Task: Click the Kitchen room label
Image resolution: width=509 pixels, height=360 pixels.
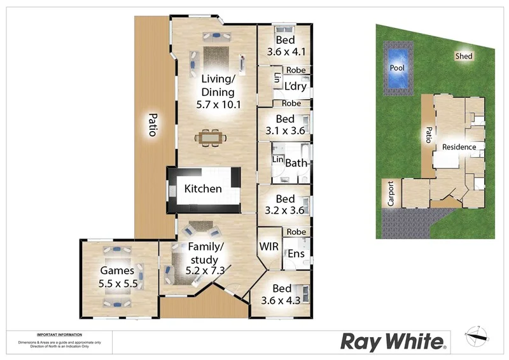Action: tap(203, 189)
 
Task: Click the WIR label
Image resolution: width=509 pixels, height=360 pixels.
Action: tap(267, 246)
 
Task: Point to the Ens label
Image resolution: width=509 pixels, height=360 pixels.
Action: tap(296, 254)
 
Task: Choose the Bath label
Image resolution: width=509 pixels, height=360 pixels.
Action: tap(296, 163)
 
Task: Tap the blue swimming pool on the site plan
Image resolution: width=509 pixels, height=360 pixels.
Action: tap(398, 67)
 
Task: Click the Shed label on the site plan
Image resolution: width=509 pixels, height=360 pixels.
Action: tap(464, 57)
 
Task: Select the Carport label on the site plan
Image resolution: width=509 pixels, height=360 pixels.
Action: tap(391, 195)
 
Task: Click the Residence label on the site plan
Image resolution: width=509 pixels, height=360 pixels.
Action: tap(459, 147)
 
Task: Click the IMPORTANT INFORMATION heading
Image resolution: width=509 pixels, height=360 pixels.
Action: tap(59, 335)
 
